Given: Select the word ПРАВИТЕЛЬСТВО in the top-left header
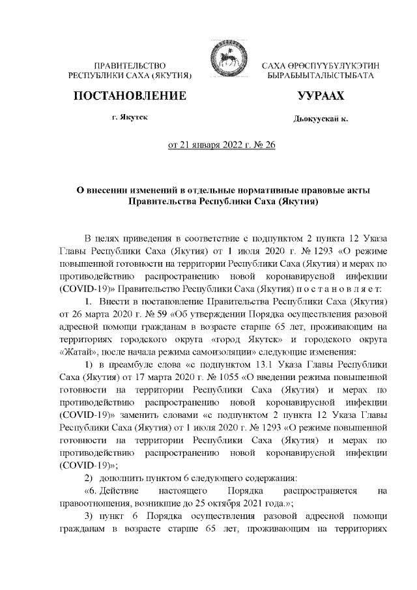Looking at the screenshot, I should click(x=131, y=66).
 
